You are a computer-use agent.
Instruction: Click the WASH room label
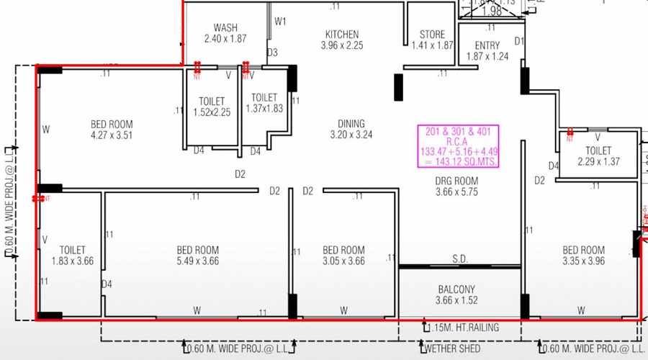(x=225, y=28)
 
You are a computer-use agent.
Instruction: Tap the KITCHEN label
(x=341, y=34)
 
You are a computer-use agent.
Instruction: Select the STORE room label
(x=433, y=34)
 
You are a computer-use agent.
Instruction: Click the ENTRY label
(x=487, y=45)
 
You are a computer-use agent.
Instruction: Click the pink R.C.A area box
(x=458, y=146)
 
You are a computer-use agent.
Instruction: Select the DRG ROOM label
(x=456, y=181)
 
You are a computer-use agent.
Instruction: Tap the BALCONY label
(x=456, y=289)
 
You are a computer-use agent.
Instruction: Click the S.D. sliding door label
(x=461, y=258)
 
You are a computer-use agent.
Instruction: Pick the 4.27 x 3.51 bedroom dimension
(x=112, y=135)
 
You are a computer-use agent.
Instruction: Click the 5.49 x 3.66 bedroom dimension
(x=197, y=261)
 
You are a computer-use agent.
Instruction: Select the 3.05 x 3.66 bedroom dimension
(x=343, y=261)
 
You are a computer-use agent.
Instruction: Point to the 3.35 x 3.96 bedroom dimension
(x=583, y=261)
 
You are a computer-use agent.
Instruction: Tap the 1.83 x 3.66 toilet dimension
(x=73, y=261)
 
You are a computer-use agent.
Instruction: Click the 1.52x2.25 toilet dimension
(x=212, y=112)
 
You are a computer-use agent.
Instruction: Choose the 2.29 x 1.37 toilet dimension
(x=598, y=162)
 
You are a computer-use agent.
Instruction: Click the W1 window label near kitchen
(x=280, y=22)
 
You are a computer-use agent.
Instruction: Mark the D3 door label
(x=272, y=53)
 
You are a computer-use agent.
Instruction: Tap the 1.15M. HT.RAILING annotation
(x=464, y=328)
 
